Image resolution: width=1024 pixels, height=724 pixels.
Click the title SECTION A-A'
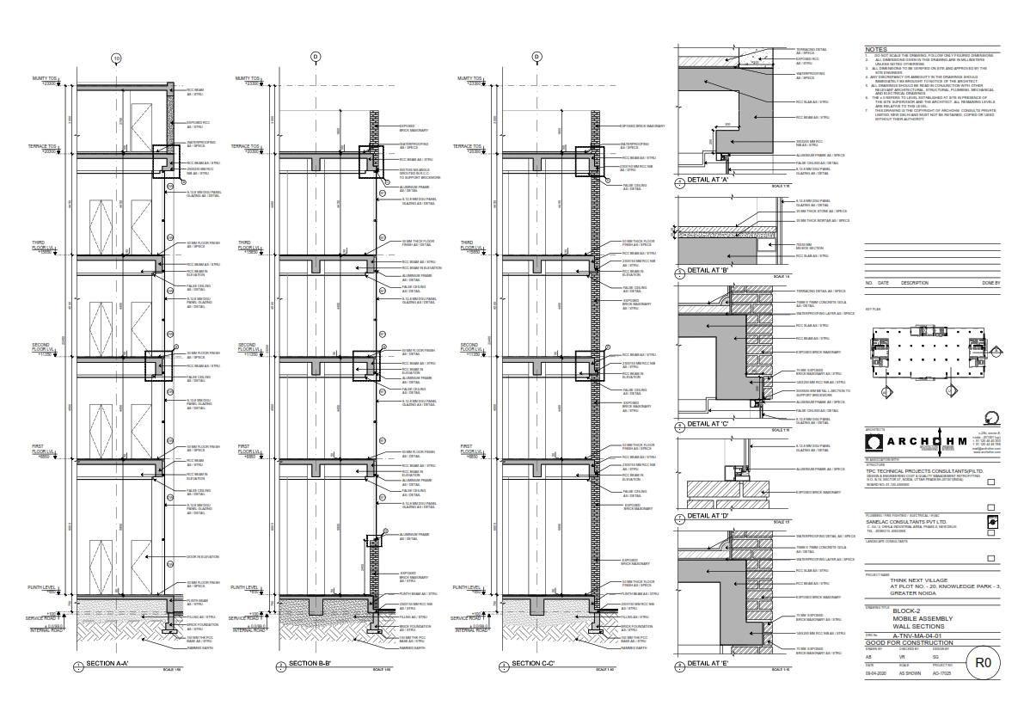coord(107,664)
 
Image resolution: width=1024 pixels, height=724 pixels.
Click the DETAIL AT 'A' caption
coord(708,181)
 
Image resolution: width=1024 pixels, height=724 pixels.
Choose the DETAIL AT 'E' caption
coord(708,663)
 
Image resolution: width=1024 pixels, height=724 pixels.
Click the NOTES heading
coord(875,50)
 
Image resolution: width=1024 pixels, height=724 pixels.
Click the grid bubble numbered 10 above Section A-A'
coord(116,58)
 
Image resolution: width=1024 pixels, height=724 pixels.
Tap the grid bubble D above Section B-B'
coord(315,58)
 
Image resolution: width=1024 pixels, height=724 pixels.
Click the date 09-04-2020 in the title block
coord(875,673)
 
